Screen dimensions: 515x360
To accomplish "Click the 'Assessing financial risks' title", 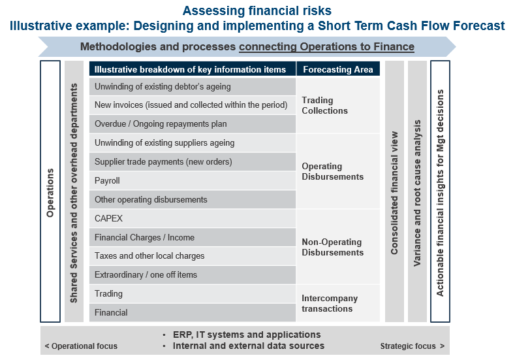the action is coord(257,10).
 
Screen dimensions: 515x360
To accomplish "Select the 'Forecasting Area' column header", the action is coord(338,69).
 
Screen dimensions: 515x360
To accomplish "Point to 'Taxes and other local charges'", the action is coord(149,255).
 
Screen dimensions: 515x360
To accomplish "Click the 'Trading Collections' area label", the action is coord(324,105).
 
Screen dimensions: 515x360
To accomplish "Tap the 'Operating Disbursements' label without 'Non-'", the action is coord(332,171).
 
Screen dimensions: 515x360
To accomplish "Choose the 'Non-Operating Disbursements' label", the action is coord(332,247).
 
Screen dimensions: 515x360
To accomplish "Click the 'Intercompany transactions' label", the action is coord(330,303).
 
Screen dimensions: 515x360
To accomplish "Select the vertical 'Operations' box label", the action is coord(50,193).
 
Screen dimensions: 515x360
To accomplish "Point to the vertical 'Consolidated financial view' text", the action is coord(394,193).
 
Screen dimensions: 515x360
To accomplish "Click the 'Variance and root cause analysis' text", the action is coord(417,193).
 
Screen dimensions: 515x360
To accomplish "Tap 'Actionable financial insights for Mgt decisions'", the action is coord(440,193).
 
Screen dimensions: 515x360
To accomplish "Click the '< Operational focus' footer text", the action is coord(81,346).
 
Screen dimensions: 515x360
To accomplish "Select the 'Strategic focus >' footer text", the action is coord(413,346).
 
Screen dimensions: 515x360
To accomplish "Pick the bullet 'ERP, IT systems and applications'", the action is coord(247,335).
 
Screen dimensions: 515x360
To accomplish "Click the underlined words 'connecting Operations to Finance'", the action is coord(326,46).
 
